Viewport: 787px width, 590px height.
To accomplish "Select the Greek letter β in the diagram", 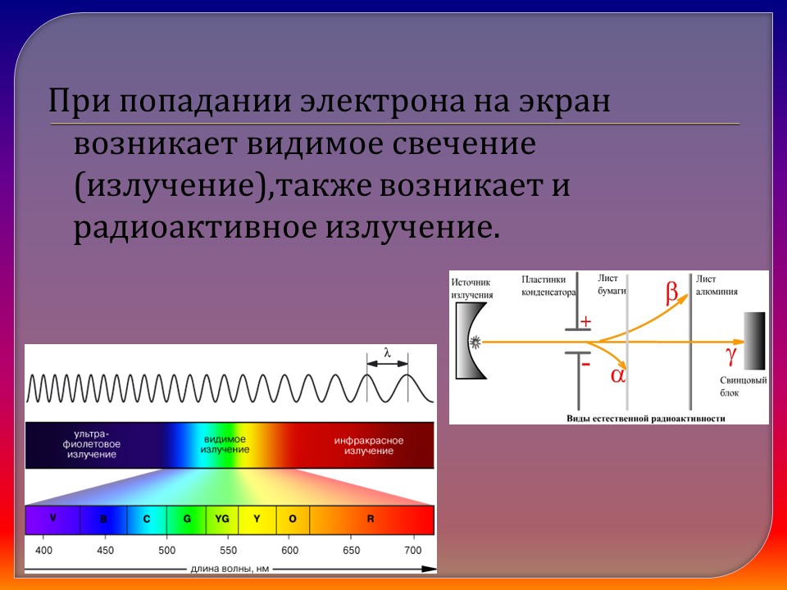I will tap(672, 292).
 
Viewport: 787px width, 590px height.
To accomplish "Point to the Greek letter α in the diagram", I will tap(618, 375).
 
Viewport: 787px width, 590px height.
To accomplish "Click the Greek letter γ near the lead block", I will tap(732, 354).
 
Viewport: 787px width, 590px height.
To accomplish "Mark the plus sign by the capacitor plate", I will tap(585, 322).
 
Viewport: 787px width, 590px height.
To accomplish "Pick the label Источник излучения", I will tap(472, 287).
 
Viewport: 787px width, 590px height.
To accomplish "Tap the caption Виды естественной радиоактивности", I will tap(646, 417).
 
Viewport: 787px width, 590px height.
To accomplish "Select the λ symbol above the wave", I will tap(387, 355).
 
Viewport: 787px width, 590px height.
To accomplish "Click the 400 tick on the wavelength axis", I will tap(44, 550).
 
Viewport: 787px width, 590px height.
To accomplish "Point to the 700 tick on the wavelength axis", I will tap(413, 550).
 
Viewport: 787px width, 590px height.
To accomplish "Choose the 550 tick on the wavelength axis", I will tap(228, 550).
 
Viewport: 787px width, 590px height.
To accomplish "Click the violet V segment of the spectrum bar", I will tap(53, 520).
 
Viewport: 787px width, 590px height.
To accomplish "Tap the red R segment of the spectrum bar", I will tap(371, 520).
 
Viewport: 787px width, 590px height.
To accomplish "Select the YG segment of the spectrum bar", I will tap(221, 520).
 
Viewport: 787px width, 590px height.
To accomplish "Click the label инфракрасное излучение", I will tap(368, 446).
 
